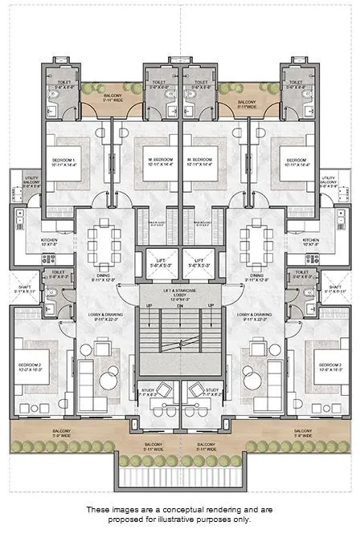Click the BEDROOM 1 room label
[x=63, y=159]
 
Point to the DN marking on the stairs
[x=180, y=306]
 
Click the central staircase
[x=180, y=341]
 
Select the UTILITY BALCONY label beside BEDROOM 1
[x=31, y=181]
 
